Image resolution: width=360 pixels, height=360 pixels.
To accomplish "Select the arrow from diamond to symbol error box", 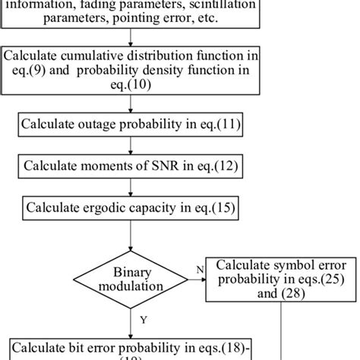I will [x=200, y=279].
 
